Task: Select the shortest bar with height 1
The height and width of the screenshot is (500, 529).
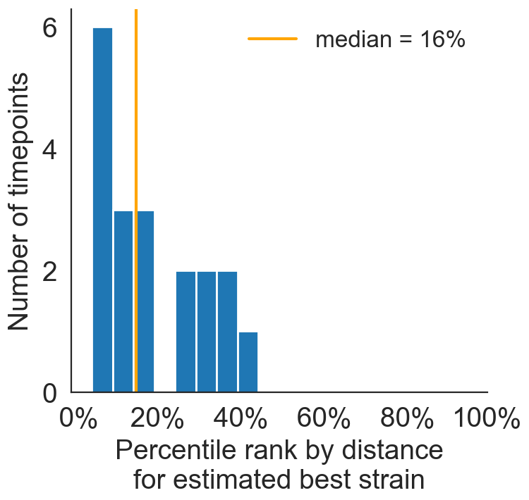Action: (248, 362)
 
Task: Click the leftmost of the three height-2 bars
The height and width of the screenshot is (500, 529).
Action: (186, 332)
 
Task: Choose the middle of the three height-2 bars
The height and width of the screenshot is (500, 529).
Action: (207, 332)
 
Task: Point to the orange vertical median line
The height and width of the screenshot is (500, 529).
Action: (135, 106)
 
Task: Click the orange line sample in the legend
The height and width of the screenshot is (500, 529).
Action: (272, 39)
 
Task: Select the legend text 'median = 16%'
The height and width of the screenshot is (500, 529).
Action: (390, 39)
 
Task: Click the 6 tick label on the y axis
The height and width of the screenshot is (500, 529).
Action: (49, 28)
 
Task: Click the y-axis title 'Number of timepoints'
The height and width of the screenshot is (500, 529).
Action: (19, 201)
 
